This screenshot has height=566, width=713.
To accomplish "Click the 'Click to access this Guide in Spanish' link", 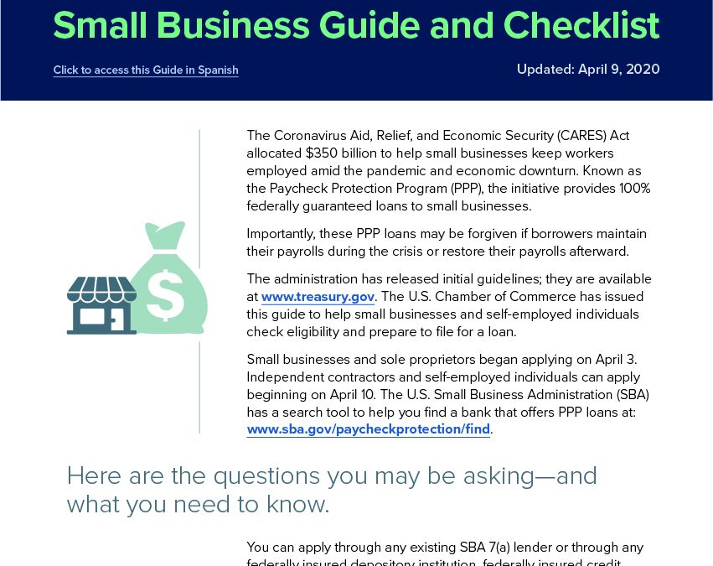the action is pos(146,70).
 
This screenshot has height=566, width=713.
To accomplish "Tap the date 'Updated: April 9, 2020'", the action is pos(588,69).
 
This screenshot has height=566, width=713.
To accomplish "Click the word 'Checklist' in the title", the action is pos(581,25).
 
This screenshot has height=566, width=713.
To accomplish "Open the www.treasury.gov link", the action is pos(318,297).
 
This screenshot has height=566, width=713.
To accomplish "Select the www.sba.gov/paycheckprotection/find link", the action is pos(369,429).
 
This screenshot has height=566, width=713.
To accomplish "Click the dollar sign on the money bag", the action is pos(166,295).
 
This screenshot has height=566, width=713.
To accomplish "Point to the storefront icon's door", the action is pos(116,319).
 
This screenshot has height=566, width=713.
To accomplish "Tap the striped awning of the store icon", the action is pos(101,289).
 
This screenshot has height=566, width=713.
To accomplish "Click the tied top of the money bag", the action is pos(164,236).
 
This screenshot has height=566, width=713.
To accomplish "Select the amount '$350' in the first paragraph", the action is pos(322,153).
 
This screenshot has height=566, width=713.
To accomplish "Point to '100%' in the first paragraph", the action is pos(635,189).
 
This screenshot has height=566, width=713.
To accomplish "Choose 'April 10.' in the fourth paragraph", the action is pos(354,394).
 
